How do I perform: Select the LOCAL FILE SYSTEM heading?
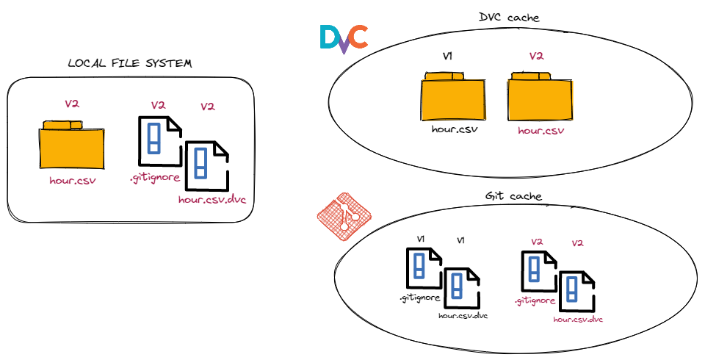point(129,64)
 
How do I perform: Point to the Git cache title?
point(514,197)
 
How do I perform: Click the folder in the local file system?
point(71,145)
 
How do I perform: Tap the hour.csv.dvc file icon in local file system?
point(207,166)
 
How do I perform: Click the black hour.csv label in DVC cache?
point(452,130)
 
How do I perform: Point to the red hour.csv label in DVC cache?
point(540,131)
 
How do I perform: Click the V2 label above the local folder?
point(71,104)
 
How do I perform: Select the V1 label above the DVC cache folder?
point(448,56)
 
